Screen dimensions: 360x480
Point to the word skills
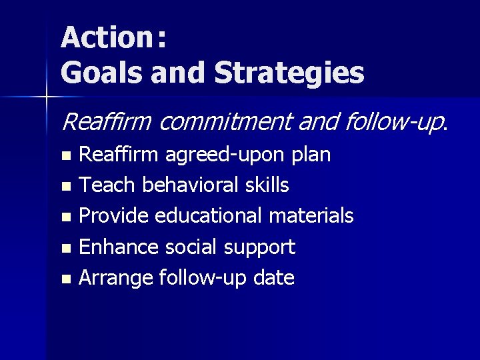click(265, 185)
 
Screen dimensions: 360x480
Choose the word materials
click(311, 216)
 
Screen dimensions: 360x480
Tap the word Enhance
click(117, 247)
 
